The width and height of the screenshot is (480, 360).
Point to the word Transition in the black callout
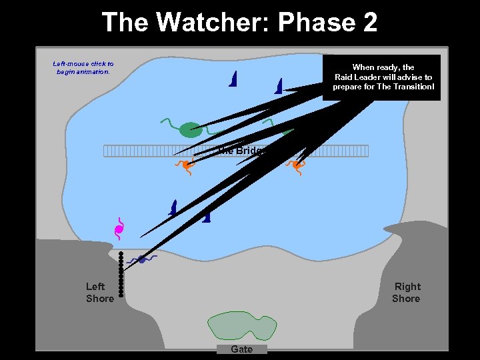pos(411,87)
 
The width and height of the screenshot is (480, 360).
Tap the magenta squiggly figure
pos(119,229)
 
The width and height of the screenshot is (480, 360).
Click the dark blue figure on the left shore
pos(141,259)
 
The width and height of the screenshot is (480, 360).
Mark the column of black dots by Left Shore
pos(121,273)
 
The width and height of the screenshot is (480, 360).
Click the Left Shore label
pos(99,293)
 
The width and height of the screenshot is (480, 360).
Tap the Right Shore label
pos(406,293)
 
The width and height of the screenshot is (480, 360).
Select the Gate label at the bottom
pos(241,349)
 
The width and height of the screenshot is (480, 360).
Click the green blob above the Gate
pos(241,325)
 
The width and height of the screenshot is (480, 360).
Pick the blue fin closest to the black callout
pos(279,85)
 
